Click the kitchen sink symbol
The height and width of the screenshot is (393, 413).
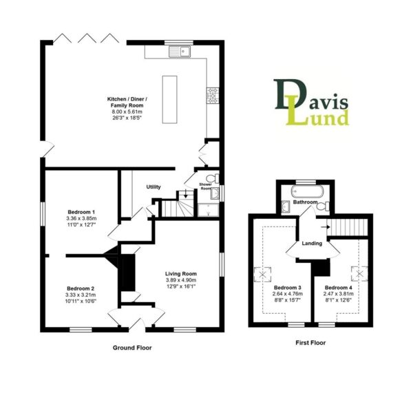coord(180,52)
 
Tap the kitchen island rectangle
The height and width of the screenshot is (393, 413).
coord(169,99)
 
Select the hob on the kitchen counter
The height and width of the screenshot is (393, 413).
coord(213,96)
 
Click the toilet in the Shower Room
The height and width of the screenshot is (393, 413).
coord(213,178)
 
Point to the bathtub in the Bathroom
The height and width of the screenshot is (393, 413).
coord(307,192)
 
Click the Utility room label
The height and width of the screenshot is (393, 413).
coord(153,187)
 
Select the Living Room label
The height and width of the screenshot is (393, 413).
coord(181,274)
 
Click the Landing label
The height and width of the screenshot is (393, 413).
coord(312,243)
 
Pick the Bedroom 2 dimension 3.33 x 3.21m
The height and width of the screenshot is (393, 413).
coord(81,295)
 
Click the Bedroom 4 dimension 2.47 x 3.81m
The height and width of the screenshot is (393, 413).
coord(339,294)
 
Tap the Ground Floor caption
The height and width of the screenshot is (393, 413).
coord(132,348)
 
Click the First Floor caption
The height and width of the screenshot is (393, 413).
coord(310,343)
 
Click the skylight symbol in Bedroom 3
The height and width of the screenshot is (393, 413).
coord(263,275)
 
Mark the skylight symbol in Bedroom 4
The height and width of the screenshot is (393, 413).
coord(359,274)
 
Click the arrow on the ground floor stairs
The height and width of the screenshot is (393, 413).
coord(186,194)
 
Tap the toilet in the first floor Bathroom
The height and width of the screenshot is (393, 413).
coord(322,206)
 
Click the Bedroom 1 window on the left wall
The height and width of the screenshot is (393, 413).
coord(43,213)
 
